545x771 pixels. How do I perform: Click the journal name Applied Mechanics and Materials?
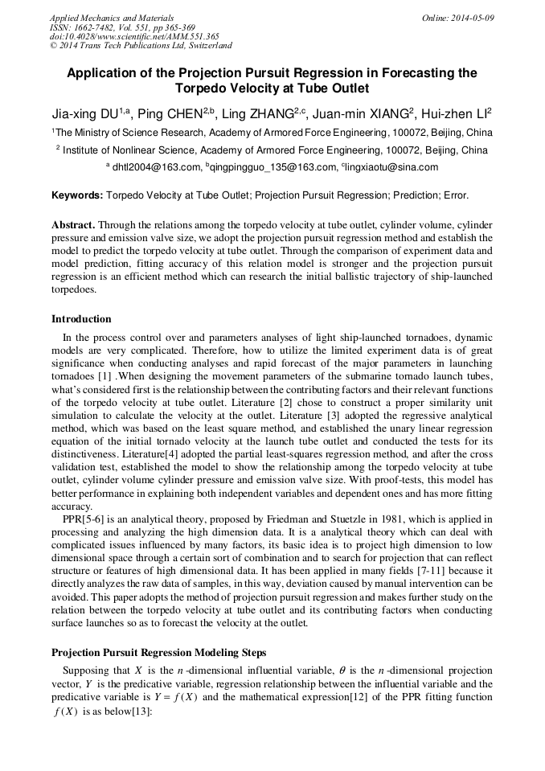112,18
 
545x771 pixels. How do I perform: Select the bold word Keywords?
77,195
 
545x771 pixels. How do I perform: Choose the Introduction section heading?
81,319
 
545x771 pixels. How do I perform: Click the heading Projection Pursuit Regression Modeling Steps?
159,652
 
